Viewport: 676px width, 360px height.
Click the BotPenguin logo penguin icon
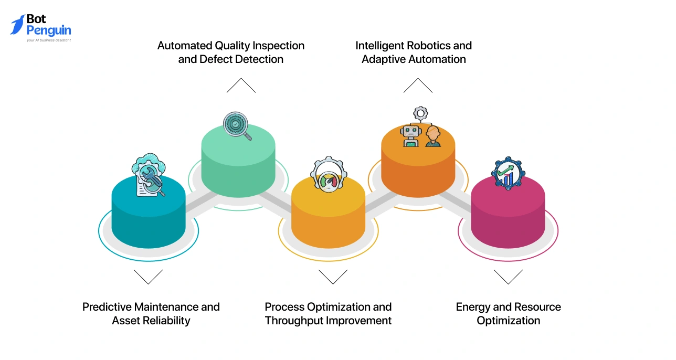click(17, 25)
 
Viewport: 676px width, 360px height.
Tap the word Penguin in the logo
click(48, 30)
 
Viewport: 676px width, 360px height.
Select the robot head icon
click(409, 135)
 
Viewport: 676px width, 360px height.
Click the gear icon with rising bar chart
click(508, 173)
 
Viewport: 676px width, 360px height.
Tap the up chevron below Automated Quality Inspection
click(241, 86)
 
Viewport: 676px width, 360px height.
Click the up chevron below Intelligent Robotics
click(418, 86)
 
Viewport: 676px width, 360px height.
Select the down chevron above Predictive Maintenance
click(148, 277)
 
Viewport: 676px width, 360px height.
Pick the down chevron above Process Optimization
click(333, 277)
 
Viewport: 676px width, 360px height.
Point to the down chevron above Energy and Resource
click(508, 277)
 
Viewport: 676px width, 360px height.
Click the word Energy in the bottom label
click(473, 307)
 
